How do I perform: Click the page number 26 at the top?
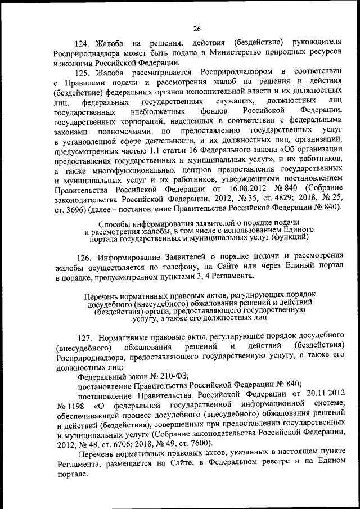pos(197,29)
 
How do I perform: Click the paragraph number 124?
pos(84,43)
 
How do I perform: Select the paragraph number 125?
pos(84,73)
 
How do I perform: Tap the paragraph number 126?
pos(85,257)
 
